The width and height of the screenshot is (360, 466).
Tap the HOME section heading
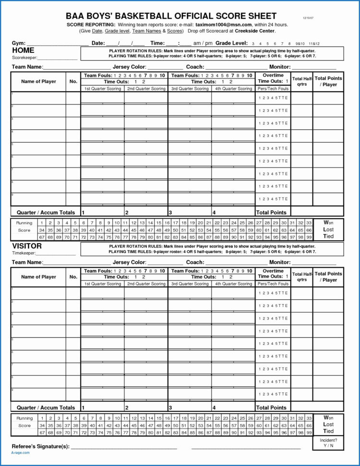(x=23, y=50)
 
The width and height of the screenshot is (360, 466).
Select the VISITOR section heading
(x=26, y=246)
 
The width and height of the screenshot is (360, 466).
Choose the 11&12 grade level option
(x=314, y=44)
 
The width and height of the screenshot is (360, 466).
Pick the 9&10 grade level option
(x=301, y=44)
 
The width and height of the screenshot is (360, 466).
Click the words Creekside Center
(x=254, y=31)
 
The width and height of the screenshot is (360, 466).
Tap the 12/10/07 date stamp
(x=307, y=18)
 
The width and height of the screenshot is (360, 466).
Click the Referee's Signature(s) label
(x=40, y=446)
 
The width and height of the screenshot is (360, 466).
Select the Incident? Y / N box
(x=328, y=442)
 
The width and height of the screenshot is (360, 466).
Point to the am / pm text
(x=203, y=43)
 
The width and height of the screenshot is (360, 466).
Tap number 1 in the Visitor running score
(x=42, y=418)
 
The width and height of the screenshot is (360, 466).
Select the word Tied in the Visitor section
(x=328, y=431)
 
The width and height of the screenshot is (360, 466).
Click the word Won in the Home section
(x=328, y=222)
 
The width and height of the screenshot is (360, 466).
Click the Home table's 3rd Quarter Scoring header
(x=190, y=89)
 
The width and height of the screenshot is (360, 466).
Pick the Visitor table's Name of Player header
(x=38, y=277)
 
